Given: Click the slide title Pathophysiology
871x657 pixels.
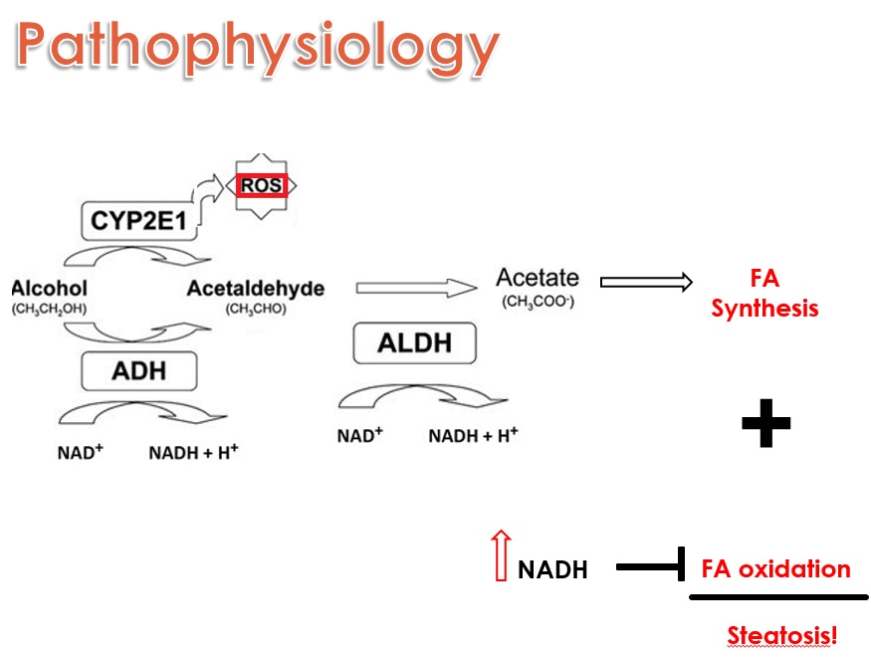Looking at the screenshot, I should click(257, 49).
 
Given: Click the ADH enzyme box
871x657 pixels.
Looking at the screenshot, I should click(138, 371).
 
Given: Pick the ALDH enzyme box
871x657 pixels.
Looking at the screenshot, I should click(414, 343).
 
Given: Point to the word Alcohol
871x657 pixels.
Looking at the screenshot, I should click(50, 289).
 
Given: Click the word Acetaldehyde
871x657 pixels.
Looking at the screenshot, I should click(256, 289).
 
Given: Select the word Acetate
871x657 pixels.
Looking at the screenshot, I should click(537, 278).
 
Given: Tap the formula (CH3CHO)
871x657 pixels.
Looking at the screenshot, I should click(256, 309).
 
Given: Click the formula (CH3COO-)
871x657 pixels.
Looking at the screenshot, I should click(538, 300).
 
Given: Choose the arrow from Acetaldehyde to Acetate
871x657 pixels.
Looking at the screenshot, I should click(402, 289).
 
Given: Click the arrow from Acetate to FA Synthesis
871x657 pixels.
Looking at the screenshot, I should click(646, 283).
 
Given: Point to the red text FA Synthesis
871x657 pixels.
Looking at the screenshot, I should click(764, 294).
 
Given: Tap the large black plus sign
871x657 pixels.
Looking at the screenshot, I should click(765, 424).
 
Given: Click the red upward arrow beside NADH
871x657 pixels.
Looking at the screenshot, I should click(501, 555).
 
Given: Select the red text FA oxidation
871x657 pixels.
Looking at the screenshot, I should click(775, 569).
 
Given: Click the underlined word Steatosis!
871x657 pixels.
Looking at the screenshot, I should click(781, 635).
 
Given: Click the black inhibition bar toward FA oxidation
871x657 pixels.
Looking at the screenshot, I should click(651, 568).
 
